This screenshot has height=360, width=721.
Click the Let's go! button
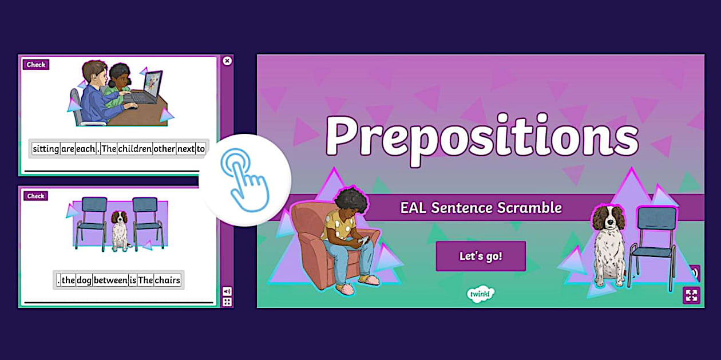[x=481, y=256]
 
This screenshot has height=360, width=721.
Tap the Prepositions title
[x=482, y=136]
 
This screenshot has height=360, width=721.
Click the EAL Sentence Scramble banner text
[x=481, y=207]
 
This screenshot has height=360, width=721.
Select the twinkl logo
[x=480, y=294]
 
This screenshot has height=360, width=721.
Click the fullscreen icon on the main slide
[x=691, y=295]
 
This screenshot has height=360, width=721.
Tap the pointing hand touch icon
[x=245, y=180]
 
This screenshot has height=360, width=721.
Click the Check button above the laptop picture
[x=35, y=65]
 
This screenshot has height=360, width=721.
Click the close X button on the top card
[x=227, y=61]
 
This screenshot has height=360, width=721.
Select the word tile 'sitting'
[x=46, y=149]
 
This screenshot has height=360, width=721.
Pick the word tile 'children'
[x=135, y=149]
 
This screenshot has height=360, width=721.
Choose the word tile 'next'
[x=185, y=149]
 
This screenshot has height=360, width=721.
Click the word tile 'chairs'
[x=168, y=280]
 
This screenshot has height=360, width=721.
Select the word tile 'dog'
[x=84, y=280]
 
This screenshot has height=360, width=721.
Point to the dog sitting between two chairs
[x=120, y=229]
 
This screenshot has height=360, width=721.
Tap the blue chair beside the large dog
[x=652, y=243]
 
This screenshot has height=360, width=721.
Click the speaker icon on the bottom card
[x=227, y=291]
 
